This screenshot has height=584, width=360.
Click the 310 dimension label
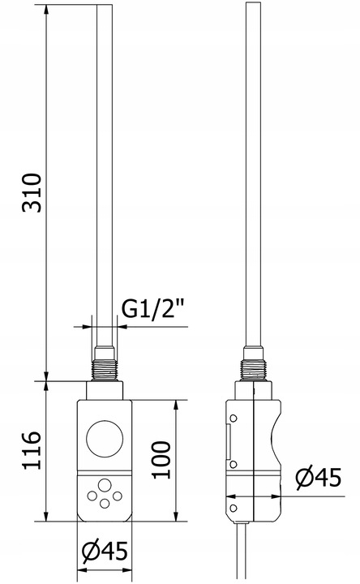point(32,192)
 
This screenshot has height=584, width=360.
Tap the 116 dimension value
point(32,450)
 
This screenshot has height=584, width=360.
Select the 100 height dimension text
point(161,460)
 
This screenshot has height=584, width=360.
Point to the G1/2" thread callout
point(153,309)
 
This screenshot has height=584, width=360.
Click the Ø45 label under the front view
point(105,551)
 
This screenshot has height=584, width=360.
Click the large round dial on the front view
point(105,439)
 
